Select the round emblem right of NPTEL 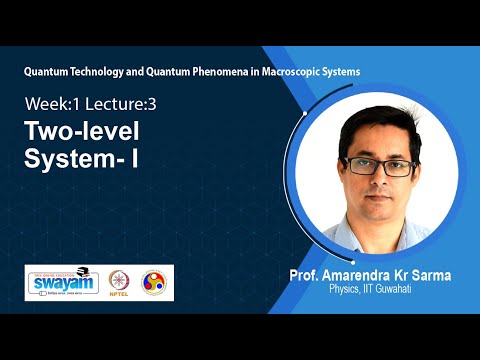[x=155, y=282]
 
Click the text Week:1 [x=50, y=102]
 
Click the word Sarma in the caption [x=440, y=275]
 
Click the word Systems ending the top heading [x=338, y=72]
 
